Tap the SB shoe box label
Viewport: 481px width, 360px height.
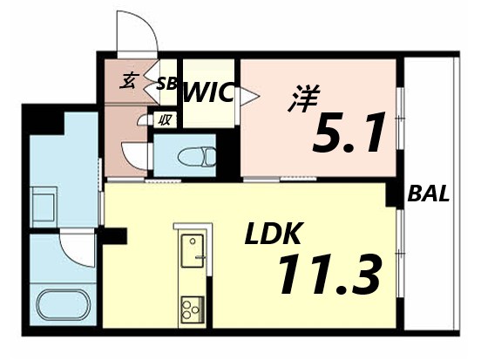coord(166,85)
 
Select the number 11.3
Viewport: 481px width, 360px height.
coord(329,275)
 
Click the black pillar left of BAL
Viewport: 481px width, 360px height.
coord(406,194)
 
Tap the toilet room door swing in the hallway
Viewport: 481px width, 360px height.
coord(135,158)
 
